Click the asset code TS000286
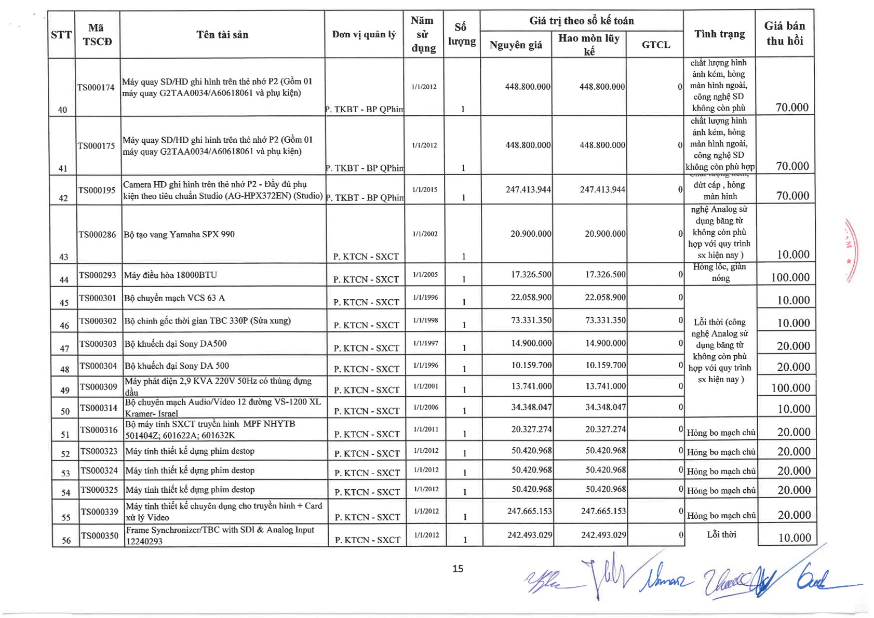[x=97, y=235]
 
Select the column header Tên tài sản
[x=222, y=35]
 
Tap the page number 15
[x=458, y=569]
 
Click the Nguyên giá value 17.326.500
[x=531, y=274]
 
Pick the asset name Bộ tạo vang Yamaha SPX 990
[x=179, y=235]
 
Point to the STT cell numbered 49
[x=65, y=390]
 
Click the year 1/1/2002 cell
[x=425, y=234]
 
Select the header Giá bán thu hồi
[x=784, y=33]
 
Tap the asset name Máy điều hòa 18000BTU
[x=171, y=275]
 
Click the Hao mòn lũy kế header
[x=589, y=44]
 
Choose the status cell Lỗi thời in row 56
[x=721, y=534]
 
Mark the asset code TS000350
[x=100, y=535]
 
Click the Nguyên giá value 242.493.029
[x=529, y=535]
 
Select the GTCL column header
[x=655, y=45]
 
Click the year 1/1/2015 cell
[x=424, y=190]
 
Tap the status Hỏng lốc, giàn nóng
[x=720, y=272]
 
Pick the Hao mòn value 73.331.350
[x=605, y=320]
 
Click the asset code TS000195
[x=97, y=190]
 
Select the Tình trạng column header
[x=719, y=34]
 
